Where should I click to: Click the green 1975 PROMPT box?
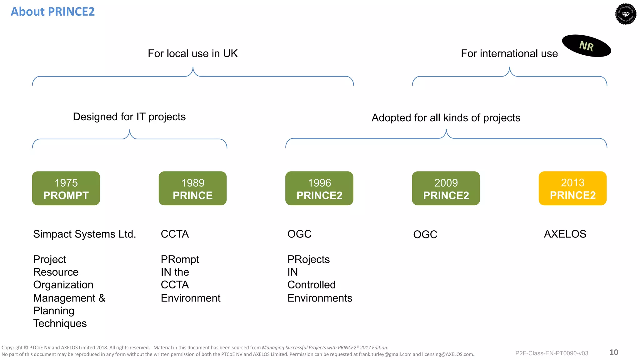point(66,188)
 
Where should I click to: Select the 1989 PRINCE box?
point(192,188)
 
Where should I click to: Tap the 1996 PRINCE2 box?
point(319,188)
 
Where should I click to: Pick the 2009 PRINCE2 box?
point(446,188)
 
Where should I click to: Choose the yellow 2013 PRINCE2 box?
point(572,188)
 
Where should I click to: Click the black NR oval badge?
point(586,46)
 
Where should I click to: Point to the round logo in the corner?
point(626,14)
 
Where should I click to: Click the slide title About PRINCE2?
point(52,12)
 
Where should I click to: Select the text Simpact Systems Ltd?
point(84,234)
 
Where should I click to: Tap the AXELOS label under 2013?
point(565,234)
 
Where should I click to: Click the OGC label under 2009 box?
point(425,234)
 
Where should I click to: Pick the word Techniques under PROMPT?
point(60,323)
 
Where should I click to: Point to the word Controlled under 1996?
point(311,285)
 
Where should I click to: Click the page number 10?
point(614,352)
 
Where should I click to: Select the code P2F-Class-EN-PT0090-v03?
point(552,353)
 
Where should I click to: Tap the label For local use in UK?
point(192,53)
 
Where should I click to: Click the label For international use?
point(509,53)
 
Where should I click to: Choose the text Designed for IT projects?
point(129,117)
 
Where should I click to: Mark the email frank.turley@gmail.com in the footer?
point(385,354)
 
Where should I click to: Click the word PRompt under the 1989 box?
point(180,259)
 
